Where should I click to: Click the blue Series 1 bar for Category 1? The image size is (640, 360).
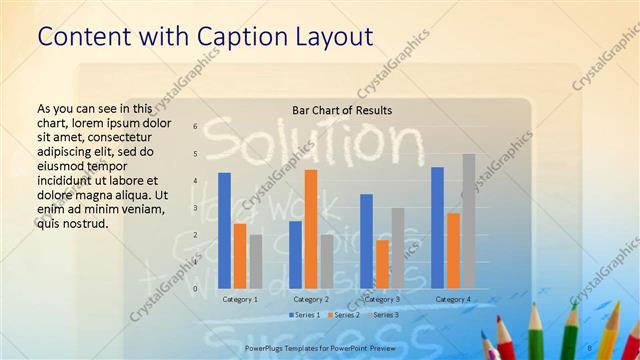point(225,231)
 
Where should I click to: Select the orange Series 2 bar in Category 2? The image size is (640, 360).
point(311,229)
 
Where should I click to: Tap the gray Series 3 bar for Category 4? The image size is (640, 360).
point(468,221)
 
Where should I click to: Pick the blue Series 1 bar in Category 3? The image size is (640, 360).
point(367,241)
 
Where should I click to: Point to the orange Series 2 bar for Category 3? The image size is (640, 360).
point(382,264)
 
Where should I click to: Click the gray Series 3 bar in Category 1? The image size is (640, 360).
point(255,261)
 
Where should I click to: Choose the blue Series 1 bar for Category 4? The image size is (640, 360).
point(437,228)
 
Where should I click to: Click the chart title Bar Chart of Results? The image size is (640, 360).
point(341,110)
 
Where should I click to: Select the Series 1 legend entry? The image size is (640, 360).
point(305,315)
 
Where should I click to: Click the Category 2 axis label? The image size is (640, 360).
point(311,299)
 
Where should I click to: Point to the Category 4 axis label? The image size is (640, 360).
point(453,299)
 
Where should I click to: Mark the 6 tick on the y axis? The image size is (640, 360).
point(196,126)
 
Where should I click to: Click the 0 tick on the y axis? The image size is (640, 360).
point(196,289)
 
